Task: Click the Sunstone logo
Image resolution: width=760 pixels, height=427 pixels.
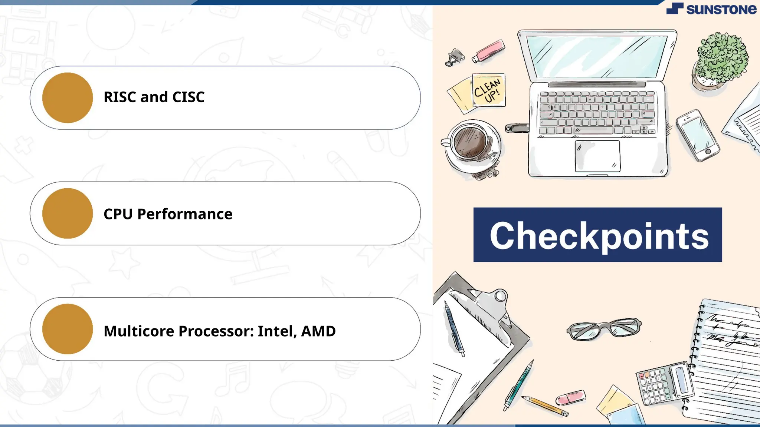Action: [711, 9]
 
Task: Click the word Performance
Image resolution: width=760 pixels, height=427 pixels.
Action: [184, 214]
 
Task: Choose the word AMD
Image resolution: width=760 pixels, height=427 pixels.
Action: [318, 331]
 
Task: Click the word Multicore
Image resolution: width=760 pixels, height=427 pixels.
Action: [139, 331]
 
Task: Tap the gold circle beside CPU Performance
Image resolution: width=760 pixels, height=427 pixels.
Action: [68, 213]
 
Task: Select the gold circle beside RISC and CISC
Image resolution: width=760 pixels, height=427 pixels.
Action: [68, 98]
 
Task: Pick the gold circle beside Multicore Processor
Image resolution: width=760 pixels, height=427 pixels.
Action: [68, 329]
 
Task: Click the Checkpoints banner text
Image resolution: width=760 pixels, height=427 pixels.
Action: [599, 235]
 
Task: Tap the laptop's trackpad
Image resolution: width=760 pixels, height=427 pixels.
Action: [597, 156]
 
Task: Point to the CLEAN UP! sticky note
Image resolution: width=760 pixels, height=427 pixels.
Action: [488, 90]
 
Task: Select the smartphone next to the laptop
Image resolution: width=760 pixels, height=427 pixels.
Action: [698, 135]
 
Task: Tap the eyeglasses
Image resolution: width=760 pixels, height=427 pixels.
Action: [604, 328]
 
